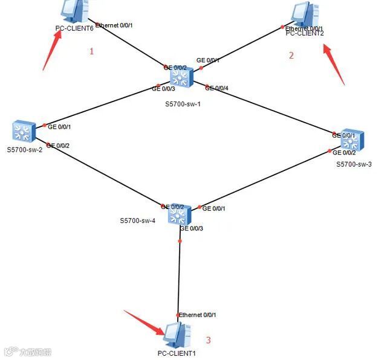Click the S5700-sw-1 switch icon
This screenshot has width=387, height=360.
click(x=181, y=76)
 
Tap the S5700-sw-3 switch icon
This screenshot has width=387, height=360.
click(x=351, y=141)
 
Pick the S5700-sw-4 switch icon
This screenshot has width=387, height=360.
click(x=180, y=213)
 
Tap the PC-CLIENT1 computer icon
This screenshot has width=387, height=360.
click(x=176, y=334)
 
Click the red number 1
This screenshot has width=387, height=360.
click(x=92, y=51)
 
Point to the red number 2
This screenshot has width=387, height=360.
click(x=291, y=56)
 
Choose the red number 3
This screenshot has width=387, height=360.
click(x=209, y=340)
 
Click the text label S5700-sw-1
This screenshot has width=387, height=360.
click(x=183, y=104)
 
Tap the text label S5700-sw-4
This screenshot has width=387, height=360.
click(x=137, y=220)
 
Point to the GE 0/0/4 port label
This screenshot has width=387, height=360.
click(x=218, y=88)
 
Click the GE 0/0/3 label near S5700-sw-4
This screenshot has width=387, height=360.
click(x=191, y=228)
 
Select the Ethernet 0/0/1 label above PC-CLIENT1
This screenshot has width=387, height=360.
click(x=198, y=315)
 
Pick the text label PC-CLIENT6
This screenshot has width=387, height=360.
click(x=74, y=28)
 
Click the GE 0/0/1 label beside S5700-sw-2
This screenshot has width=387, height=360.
click(x=59, y=127)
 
